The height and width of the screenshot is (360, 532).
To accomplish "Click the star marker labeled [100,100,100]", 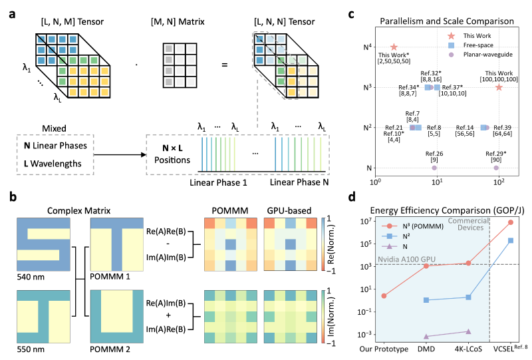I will pyautogui.click(x=498, y=87).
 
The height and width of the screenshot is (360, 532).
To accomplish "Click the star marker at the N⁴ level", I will pyautogui.click(x=394, y=47).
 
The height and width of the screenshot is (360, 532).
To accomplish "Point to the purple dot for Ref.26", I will pyautogui.click(x=434, y=168).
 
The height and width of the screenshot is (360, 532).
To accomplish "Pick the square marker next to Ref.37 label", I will pyautogui.click(x=437, y=87).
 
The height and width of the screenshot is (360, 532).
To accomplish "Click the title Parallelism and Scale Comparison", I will pyautogui.click(x=446, y=21).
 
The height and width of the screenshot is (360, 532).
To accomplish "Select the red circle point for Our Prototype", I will pyautogui.click(x=384, y=295).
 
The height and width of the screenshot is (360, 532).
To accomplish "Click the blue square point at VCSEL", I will pyautogui.click(x=510, y=240).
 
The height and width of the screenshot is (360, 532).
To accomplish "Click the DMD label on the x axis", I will pyautogui.click(x=426, y=348).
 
